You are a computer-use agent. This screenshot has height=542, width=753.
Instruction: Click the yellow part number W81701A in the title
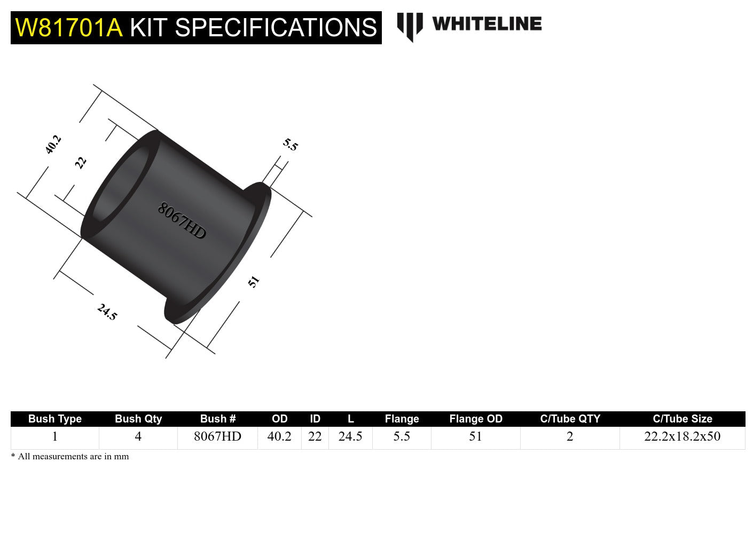tap(69, 28)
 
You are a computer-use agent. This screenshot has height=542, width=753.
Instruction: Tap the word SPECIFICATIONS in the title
tap(276, 28)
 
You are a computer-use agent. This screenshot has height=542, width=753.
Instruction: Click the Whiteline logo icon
tap(410, 26)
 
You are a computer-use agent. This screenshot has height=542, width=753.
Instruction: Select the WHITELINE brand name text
tap(487, 24)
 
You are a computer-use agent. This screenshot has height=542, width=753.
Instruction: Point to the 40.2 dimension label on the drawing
tap(53, 145)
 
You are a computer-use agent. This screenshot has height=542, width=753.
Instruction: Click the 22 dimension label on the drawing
tap(81, 162)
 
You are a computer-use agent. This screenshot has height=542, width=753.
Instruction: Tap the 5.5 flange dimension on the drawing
tap(290, 145)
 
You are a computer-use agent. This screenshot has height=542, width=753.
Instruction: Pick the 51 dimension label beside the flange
tap(254, 282)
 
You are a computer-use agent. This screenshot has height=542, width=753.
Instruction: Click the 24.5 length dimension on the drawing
tap(107, 312)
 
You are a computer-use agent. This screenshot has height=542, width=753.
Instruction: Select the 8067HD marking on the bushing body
tap(182, 221)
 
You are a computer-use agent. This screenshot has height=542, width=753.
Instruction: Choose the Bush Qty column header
tap(138, 419)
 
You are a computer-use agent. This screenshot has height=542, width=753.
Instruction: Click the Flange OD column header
tap(476, 419)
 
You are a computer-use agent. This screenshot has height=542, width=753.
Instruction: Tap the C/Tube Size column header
tap(682, 419)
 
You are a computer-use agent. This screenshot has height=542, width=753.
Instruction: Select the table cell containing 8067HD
tap(217, 436)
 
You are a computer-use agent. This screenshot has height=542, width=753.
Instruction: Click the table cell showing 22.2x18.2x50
tap(682, 436)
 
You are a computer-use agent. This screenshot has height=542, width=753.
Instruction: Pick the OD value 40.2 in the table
tap(279, 436)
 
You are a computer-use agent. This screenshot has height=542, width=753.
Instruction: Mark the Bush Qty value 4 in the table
tap(138, 436)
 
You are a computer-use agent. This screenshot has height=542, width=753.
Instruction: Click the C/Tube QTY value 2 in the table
tap(570, 436)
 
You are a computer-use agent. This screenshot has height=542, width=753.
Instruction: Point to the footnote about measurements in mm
tap(70, 457)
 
